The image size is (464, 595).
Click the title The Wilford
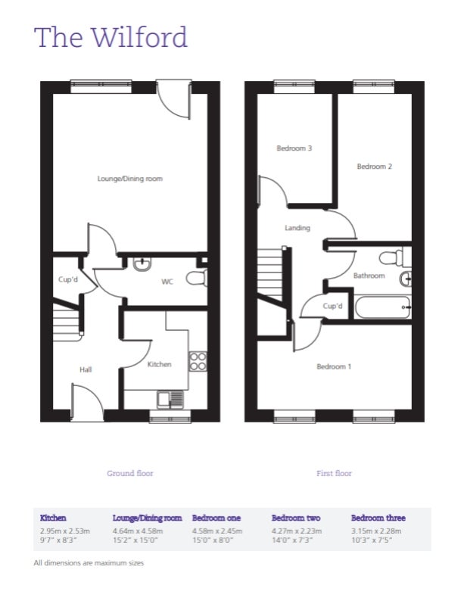pyautogui.click(x=111, y=37)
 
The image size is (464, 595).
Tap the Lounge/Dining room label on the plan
pyautogui.click(x=129, y=179)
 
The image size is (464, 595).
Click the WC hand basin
pyautogui.click(x=142, y=264)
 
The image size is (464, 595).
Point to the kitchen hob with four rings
pyautogui.click(x=198, y=361)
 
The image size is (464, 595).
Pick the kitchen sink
pyautogui.click(x=170, y=400)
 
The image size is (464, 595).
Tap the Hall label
pyautogui.click(x=86, y=369)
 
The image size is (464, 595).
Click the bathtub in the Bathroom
pyautogui.click(x=382, y=307)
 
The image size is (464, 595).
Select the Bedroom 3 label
pyautogui.click(x=294, y=148)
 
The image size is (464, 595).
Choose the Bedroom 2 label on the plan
pyautogui.click(x=374, y=167)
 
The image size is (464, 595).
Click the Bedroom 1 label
pyautogui.click(x=334, y=366)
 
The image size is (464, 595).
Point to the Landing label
pyautogui.click(x=297, y=228)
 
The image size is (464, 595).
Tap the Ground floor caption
pyautogui.click(x=129, y=473)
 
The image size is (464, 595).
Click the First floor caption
pyautogui.click(x=334, y=473)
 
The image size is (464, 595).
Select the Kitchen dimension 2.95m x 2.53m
pyautogui.click(x=65, y=531)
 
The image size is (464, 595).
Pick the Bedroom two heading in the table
pyautogui.click(x=296, y=518)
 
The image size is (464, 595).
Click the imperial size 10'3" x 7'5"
pyautogui.click(x=372, y=540)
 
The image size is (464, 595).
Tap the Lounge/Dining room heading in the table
pyautogui.click(x=147, y=518)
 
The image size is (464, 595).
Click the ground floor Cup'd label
pyautogui.click(x=68, y=279)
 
